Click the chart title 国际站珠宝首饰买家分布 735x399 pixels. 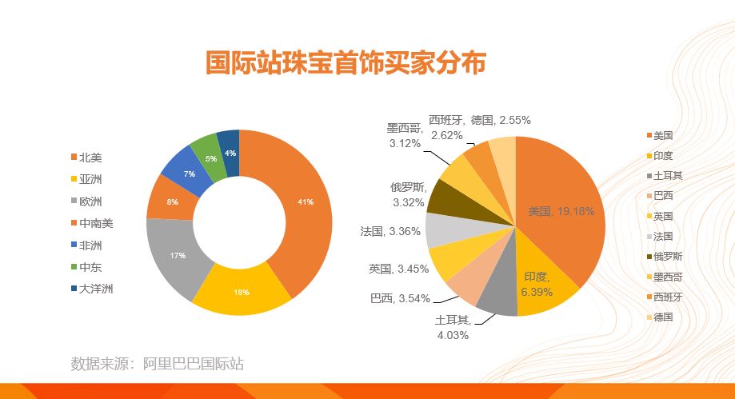click(x=346, y=62)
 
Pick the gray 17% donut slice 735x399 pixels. click(x=176, y=256)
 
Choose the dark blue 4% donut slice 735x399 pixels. click(x=230, y=153)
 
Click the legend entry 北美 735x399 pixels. click(x=86, y=158)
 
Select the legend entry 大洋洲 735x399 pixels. click(x=92, y=289)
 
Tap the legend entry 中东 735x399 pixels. click(x=86, y=267)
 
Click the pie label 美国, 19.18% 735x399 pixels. click(x=561, y=211)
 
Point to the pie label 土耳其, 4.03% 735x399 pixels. click(x=453, y=327)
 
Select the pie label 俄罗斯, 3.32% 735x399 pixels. click(x=408, y=194)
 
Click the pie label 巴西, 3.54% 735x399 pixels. click(x=400, y=298)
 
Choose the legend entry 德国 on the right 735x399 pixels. click(x=660, y=317)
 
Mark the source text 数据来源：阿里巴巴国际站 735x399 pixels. click(x=157, y=364)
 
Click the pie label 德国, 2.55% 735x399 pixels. click(x=501, y=121)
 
